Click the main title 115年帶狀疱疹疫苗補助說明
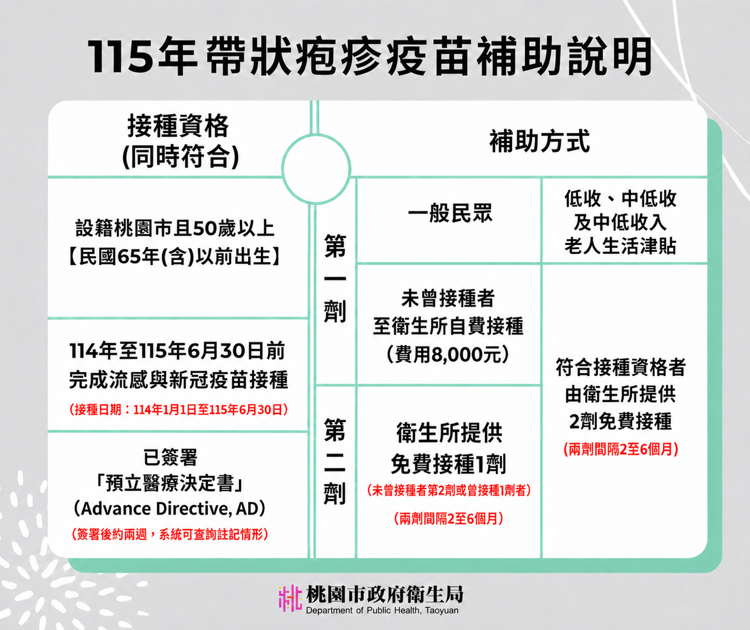(369, 56)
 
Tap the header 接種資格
(178, 126)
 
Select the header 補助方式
(539, 141)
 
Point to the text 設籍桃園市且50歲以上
(175, 229)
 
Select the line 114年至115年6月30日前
(178, 351)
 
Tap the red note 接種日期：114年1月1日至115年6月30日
(179, 410)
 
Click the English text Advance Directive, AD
(169, 508)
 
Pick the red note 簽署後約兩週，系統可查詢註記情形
(170, 535)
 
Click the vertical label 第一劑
(335, 278)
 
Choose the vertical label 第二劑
(335, 462)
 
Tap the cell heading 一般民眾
(450, 213)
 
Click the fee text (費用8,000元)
(448, 355)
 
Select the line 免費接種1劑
(449, 464)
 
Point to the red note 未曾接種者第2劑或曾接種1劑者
(449, 491)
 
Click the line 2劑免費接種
(620, 421)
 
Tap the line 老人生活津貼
(620, 246)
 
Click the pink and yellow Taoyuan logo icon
(290, 598)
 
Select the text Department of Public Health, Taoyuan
(382, 610)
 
